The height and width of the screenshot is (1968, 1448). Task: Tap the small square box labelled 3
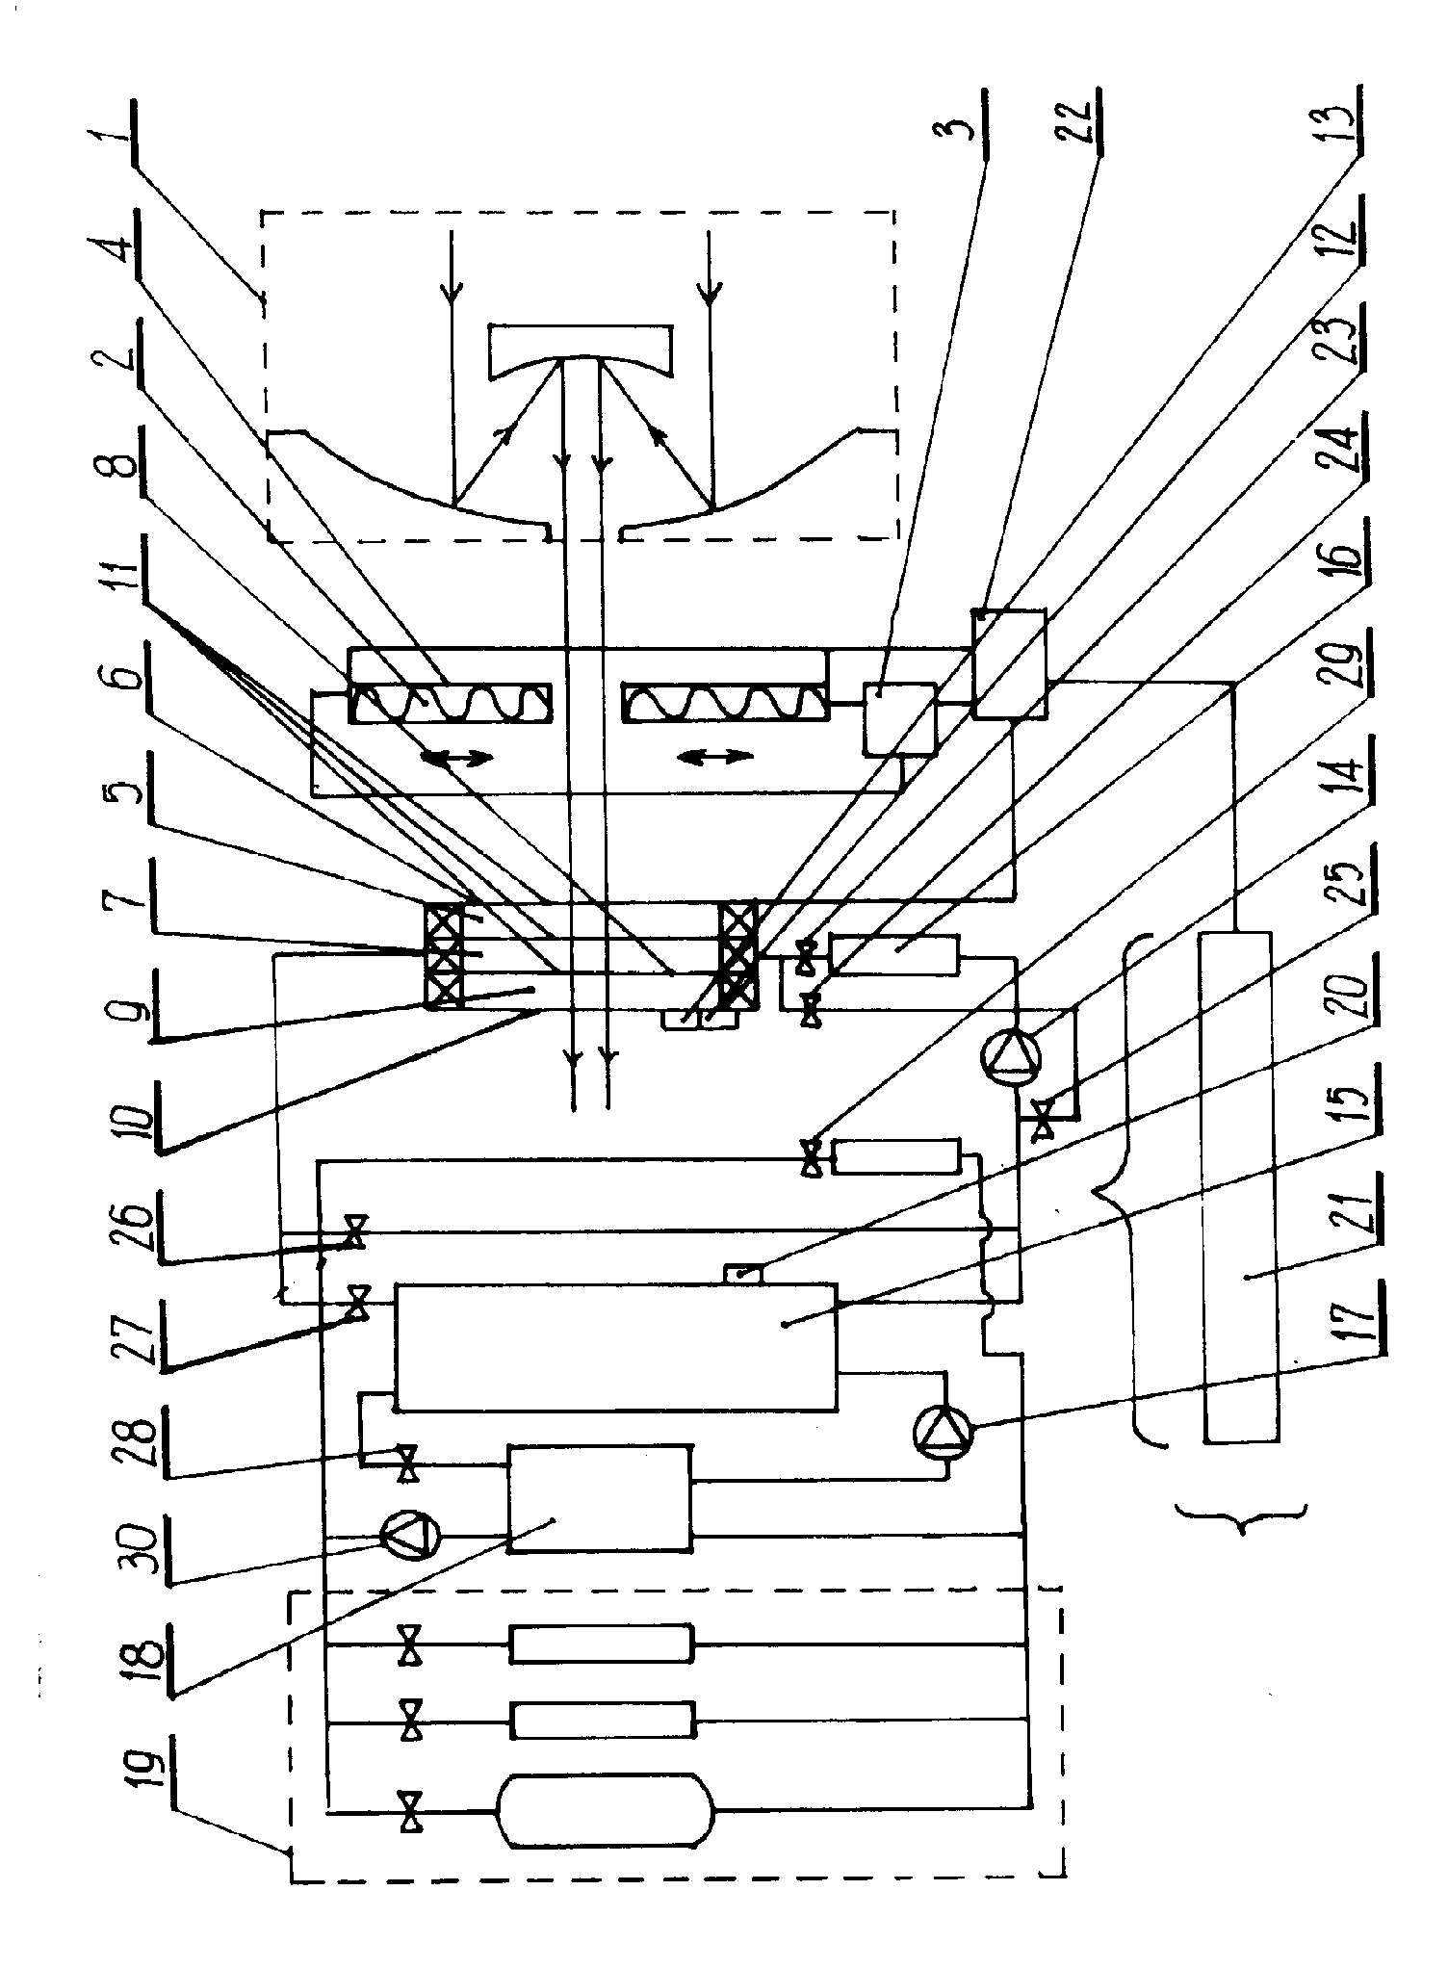899,719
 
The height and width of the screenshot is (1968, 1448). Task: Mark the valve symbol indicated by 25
1041,1122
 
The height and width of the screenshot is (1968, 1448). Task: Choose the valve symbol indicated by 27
358,1304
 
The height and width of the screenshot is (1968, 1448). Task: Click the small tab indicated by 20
741,1273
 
